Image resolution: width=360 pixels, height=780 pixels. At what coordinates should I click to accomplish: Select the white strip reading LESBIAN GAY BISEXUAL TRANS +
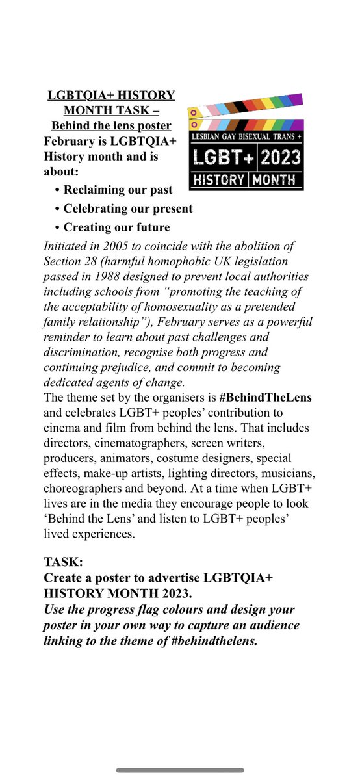246,138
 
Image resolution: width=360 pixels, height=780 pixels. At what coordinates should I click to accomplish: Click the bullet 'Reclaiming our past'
118,190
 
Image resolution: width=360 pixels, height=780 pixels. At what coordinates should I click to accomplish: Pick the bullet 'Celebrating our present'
127,209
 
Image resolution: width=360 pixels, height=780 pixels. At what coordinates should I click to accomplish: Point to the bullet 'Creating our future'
116,227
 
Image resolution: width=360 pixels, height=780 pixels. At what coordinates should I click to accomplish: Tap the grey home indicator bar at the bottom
179,770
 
